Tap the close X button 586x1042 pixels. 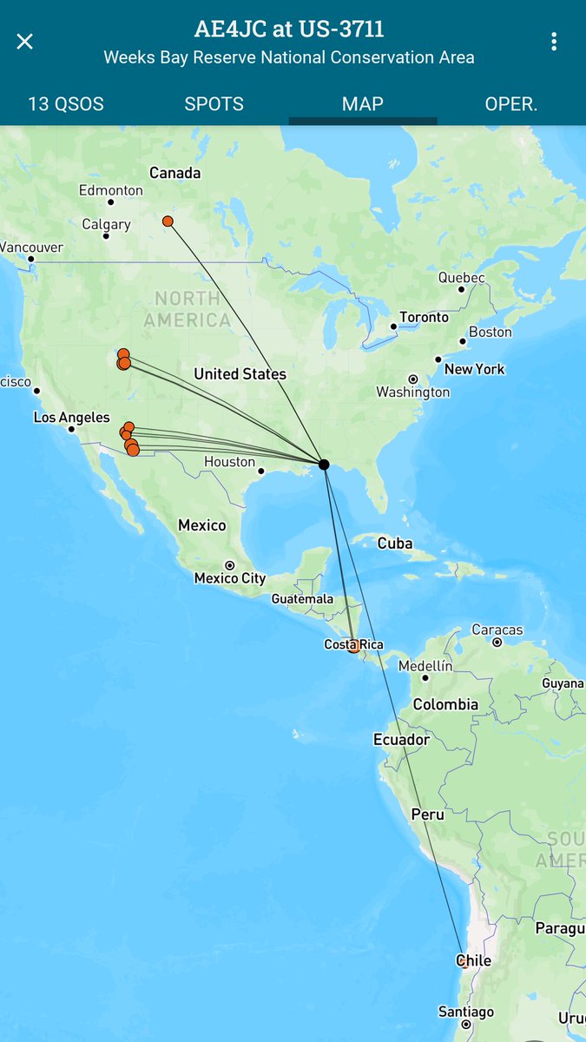pos(24,42)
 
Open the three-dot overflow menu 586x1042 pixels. pos(554,42)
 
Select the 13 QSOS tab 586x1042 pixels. pos(66,104)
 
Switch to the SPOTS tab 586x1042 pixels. pos(214,104)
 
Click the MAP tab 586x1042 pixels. pos(363,104)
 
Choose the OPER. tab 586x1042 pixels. pos(511,104)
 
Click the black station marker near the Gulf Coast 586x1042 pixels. pos(324,465)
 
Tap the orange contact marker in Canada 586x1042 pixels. pos(168,221)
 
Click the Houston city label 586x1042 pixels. pos(230,462)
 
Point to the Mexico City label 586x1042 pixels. pos(230,578)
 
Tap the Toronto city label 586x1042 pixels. pos(424,318)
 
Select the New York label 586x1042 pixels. pos(474,369)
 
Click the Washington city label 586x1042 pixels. pos(413,392)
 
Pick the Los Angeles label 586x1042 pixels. pos(72,418)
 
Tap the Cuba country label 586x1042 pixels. pos(395,544)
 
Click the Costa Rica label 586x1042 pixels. pos(353,644)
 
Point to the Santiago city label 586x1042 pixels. pos(466,1012)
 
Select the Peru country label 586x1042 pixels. pos(427,814)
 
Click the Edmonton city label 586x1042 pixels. pos(110,190)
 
